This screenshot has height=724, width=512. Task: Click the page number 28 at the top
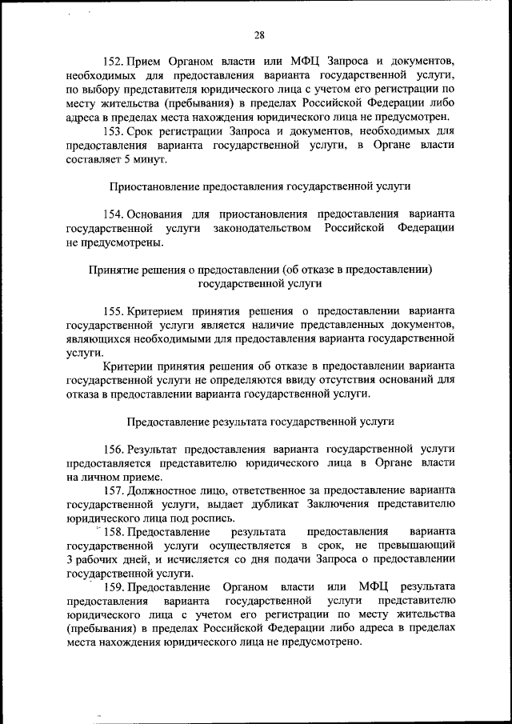259,34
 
